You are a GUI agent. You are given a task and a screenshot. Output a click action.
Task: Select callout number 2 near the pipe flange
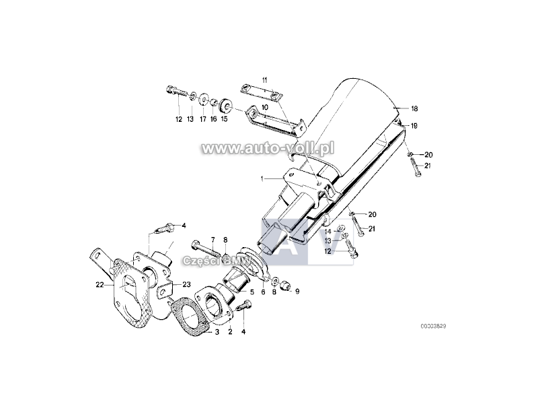[x=229, y=331]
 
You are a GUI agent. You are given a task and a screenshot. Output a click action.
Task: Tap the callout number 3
[x=217, y=331]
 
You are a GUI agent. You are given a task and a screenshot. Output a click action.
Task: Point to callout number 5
[x=252, y=292]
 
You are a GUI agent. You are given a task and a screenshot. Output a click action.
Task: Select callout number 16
[x=213, y=119]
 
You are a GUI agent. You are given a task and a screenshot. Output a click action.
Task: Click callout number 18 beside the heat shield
[x=415, y=108]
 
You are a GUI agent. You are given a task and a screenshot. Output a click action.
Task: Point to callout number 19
[x=415, y=125]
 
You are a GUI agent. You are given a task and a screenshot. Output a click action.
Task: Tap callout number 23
[x=186, y=285]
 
